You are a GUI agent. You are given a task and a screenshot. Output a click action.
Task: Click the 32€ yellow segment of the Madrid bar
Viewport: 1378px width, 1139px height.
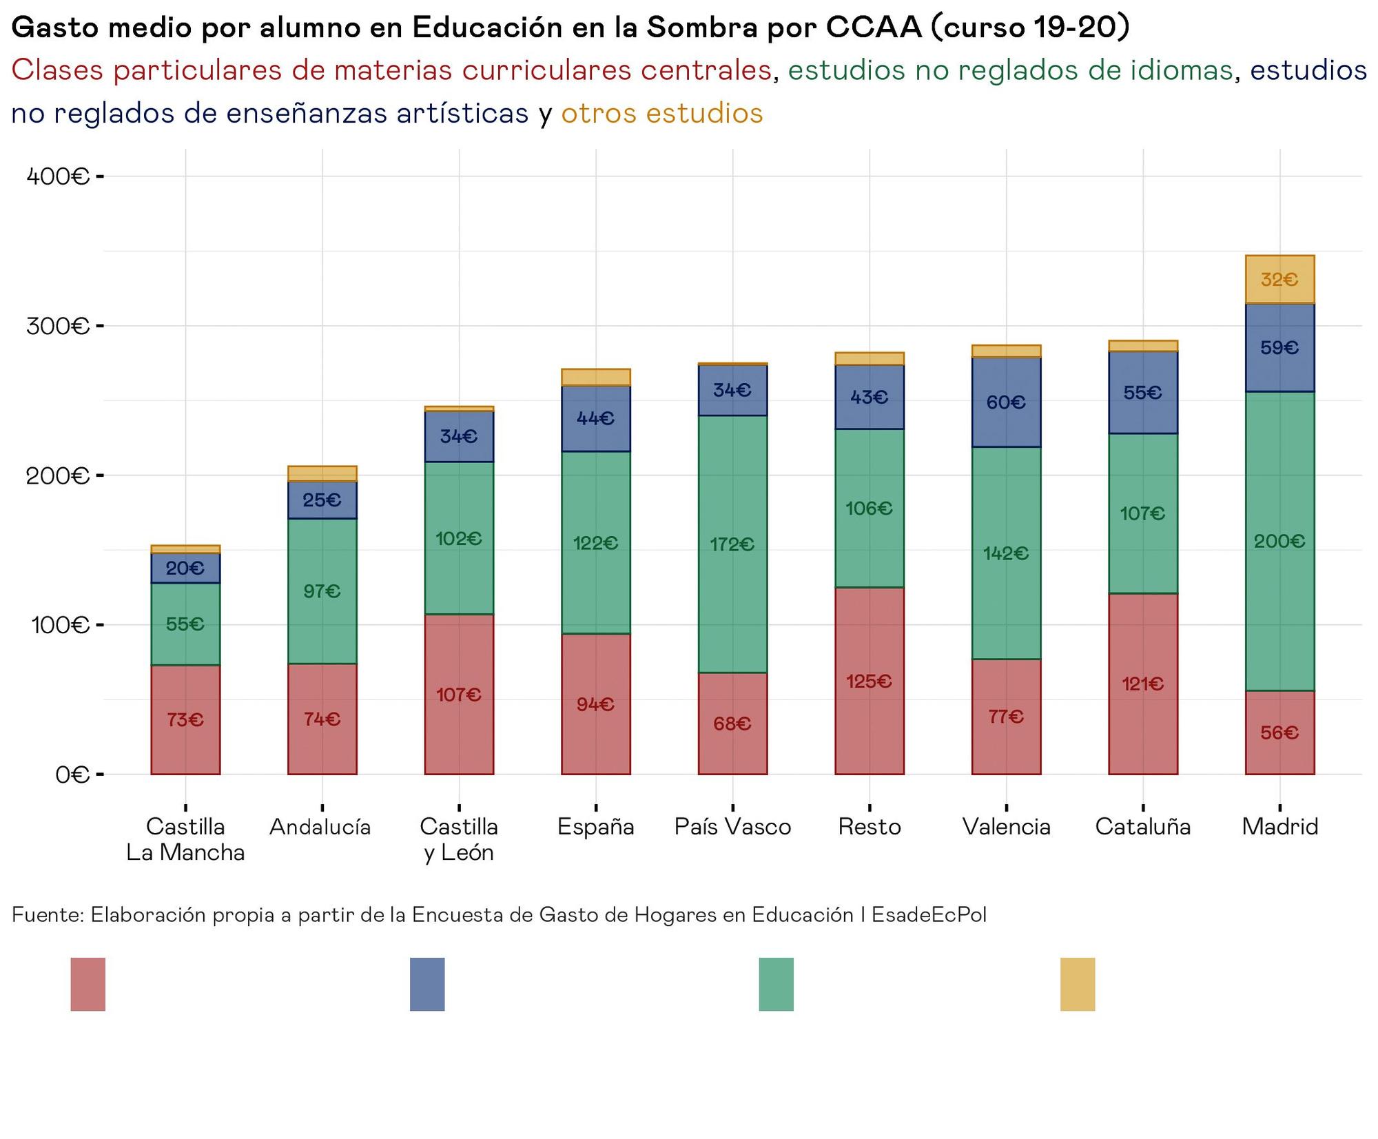pos(1279,280)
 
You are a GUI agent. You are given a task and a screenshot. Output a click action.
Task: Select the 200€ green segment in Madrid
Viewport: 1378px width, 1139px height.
pos(1279,541)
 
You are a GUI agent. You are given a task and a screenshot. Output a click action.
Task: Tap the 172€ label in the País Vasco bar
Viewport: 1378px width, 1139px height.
pos(732,545)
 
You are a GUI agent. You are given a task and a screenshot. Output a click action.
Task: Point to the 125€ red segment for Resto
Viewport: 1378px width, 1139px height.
pos(869,681)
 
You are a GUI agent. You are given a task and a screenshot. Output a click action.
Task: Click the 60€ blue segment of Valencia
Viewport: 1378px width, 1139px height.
pos(1006,402)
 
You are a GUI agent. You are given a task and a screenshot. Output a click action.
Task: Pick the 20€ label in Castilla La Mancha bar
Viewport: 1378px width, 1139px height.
pos(185,568)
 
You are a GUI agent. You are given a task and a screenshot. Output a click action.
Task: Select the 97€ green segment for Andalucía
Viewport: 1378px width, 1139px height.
pos(322,591)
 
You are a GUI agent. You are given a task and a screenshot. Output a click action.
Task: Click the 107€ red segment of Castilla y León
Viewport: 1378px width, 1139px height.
pos(459,695)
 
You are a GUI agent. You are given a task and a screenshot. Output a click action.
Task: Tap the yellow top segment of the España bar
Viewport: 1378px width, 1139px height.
pos(595,377)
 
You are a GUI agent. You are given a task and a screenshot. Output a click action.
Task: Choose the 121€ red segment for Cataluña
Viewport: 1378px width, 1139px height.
pos(1142,684)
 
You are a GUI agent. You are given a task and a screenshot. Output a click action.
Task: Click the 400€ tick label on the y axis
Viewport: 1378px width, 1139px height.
pos(58,176)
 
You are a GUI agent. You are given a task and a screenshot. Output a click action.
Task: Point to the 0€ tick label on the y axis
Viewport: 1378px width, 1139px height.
pos(72,774)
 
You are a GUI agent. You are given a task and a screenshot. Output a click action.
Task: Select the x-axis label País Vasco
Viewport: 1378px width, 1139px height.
pos(732,826)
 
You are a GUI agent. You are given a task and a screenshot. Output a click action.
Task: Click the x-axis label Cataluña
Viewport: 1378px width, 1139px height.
pos(1142,826)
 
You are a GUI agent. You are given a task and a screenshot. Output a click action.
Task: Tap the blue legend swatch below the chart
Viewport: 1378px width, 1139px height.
pos(426,984)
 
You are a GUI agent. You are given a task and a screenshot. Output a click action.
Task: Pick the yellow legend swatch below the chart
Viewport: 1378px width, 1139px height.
pos(1077,984)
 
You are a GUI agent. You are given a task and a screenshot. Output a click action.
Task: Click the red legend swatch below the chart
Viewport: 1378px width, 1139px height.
pos(88,984)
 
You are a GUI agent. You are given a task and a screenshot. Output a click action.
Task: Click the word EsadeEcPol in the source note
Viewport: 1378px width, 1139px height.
pos(929,914)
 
